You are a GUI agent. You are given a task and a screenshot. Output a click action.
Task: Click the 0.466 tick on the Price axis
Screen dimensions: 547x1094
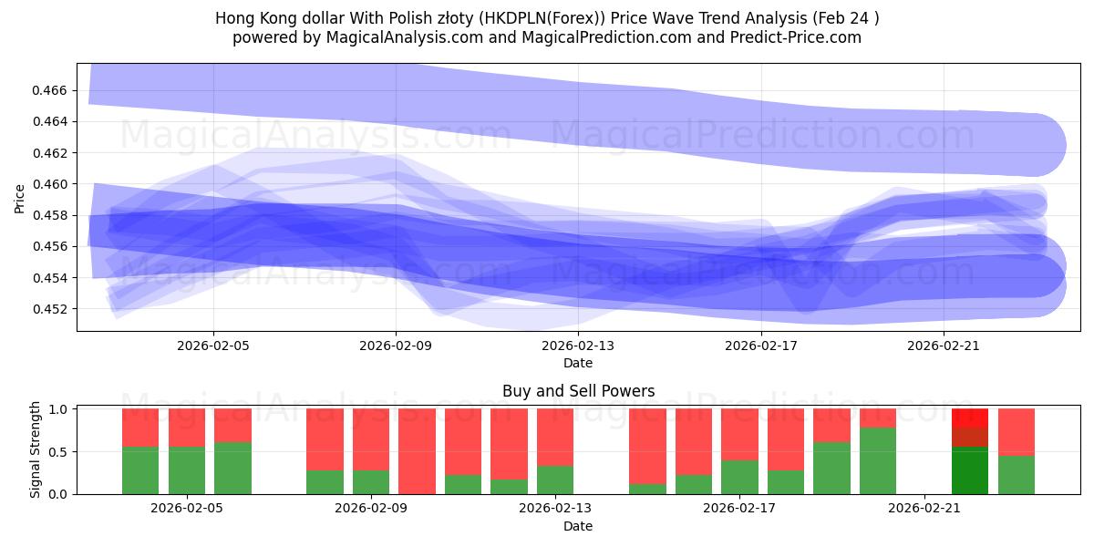[54, 90]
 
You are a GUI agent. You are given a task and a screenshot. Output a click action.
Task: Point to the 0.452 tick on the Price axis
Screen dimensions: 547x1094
[54, 309]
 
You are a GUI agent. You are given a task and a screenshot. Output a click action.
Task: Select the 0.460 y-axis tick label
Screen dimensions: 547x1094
[54, 184]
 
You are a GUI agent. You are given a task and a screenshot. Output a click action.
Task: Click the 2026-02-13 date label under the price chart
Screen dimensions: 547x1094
[578, 346]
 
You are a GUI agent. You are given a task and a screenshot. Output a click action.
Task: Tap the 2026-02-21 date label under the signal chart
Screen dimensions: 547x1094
[924, 509]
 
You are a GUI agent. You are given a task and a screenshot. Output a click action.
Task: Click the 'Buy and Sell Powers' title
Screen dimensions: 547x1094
[578, 391]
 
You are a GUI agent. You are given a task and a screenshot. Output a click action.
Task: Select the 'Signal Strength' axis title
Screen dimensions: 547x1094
[36, 449]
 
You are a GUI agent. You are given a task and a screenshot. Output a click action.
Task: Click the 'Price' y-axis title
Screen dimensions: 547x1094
[20, 198]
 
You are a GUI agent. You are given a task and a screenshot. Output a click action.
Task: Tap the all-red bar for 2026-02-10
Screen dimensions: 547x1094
[418, 451]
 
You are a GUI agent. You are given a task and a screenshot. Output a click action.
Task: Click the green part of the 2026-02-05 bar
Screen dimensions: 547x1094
[187, 470]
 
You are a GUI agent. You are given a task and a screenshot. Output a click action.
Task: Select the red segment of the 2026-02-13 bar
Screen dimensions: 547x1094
[555, 437]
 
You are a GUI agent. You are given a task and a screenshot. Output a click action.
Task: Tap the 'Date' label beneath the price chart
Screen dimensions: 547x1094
[578, 363]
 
